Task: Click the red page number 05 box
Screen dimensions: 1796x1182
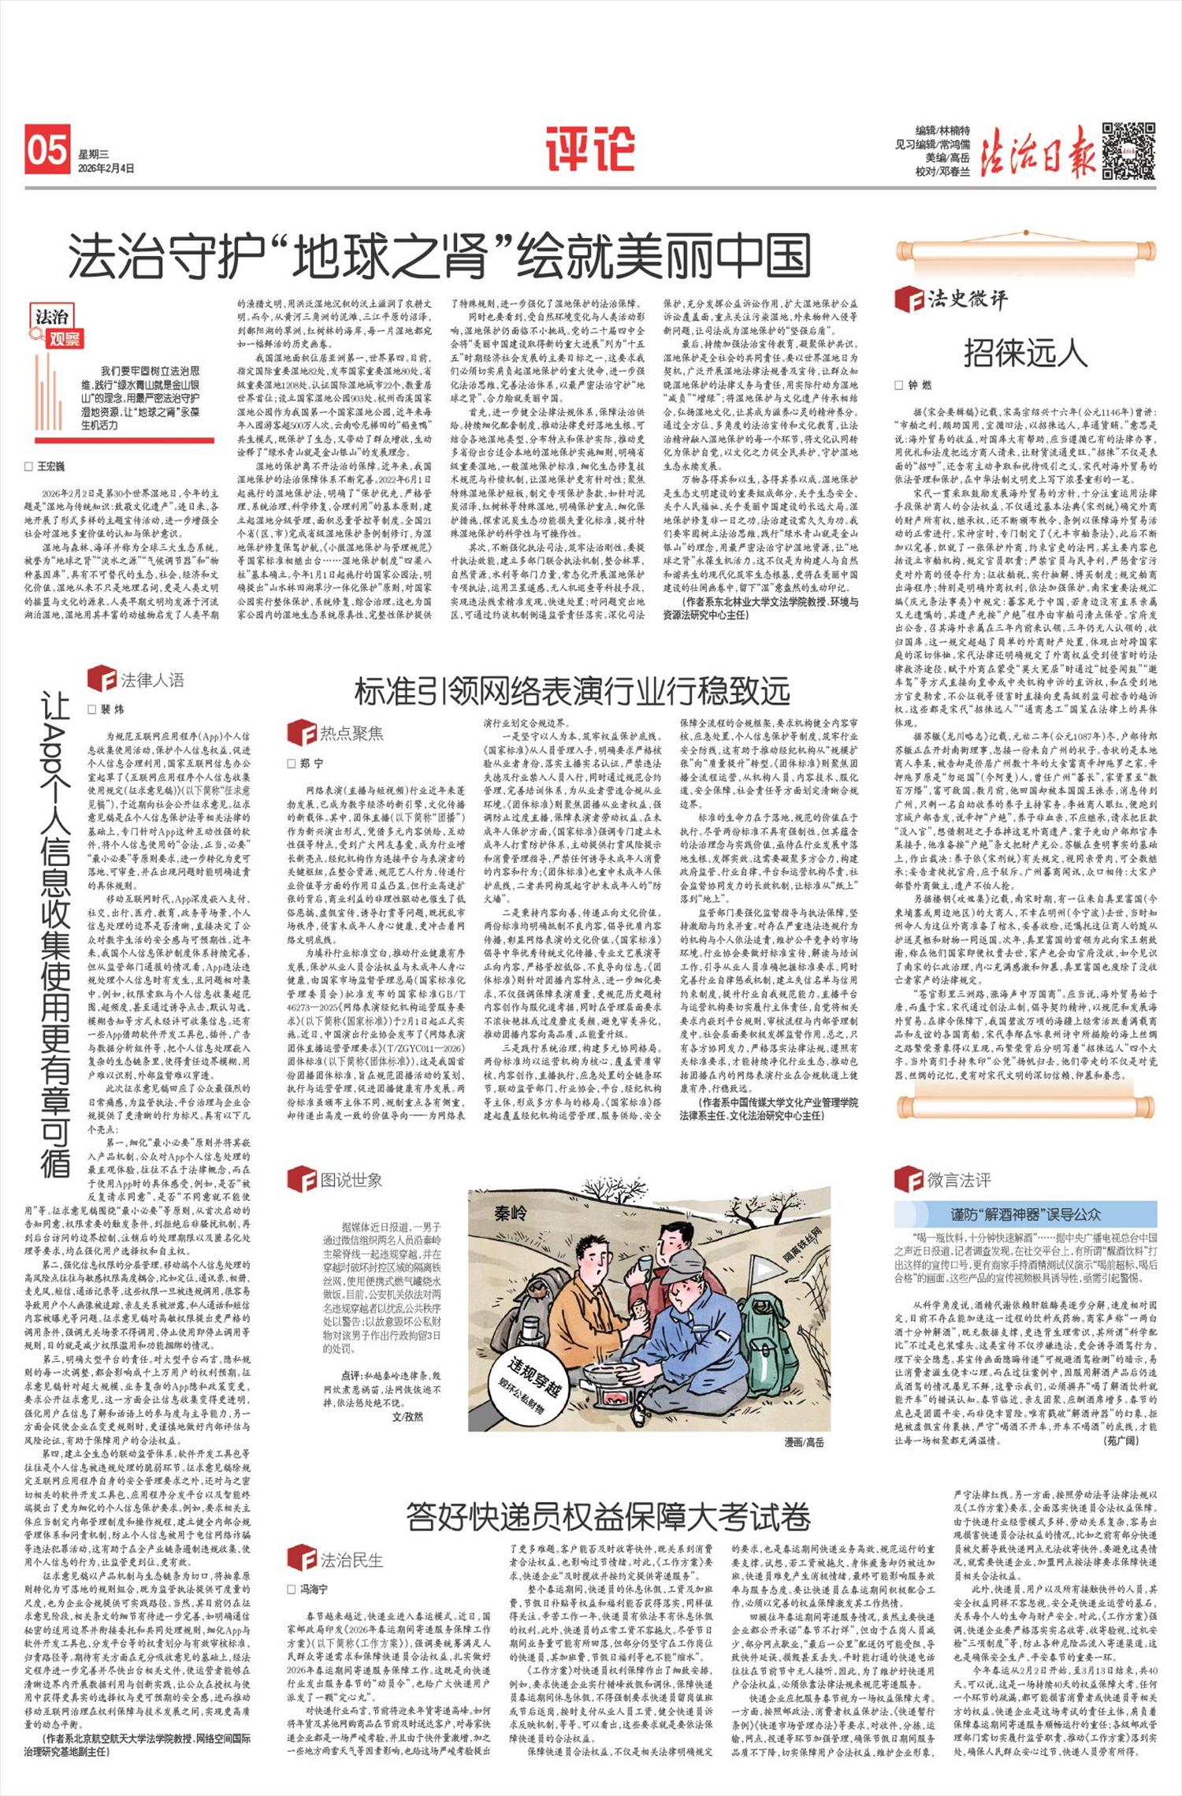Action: click(47, 150)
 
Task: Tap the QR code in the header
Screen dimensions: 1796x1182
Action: click(1128, 151)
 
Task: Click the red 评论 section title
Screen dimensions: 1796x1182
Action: click(590, 149)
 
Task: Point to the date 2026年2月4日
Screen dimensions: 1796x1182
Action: click(106, 169)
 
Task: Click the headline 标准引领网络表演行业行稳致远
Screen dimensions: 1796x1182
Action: click(572, 691)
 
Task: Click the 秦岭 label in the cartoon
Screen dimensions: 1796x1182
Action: click(510, 1213)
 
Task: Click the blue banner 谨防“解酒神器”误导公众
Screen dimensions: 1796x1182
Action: click(1025, 1214)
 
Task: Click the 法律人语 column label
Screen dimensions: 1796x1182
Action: click(151, 679)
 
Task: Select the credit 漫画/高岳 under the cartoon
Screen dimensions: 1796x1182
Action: click(804, 1441)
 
